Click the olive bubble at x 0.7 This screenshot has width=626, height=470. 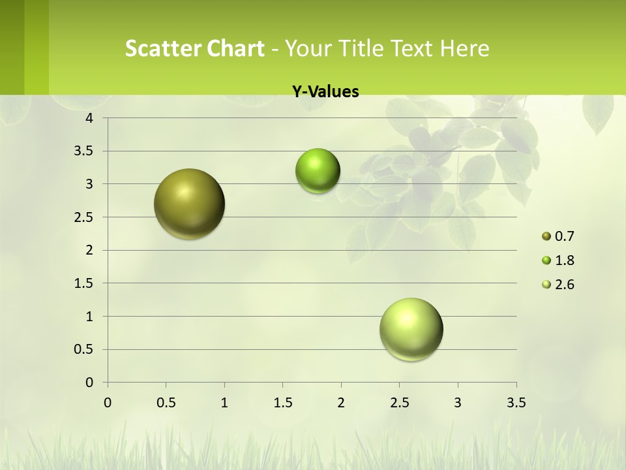pyautogui.click(x=190, y=204)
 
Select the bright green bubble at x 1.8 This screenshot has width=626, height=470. pyautogui.click(x=318, y=171)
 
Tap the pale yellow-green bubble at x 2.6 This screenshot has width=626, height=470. pyautogui.click(x=411, y=329)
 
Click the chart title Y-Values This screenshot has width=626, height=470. pyautogui.click(x=325, y=92)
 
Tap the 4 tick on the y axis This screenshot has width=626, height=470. pyautogui.click(x=89, y=118)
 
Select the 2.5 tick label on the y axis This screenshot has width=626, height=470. pyautogui.click(x=84, y=217)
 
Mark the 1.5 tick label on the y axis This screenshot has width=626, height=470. pyautogui.click(x=84, y=283)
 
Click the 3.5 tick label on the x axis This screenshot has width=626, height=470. pyautogui.click(x=516, y=403)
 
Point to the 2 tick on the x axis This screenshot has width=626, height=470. pyautogui.click(x=341, y=403)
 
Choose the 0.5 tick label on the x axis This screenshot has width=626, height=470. pyautogui.click(x=166, y=403)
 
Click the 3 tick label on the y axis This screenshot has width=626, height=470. pyautogui.click(x=89, y=184)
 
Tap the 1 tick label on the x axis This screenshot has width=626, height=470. pyautogui.click(x=224, y=403)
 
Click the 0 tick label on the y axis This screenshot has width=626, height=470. pyautogui.click(x=89, y=383)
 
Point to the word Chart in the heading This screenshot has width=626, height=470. pyautogui.click(x=235, y=48)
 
